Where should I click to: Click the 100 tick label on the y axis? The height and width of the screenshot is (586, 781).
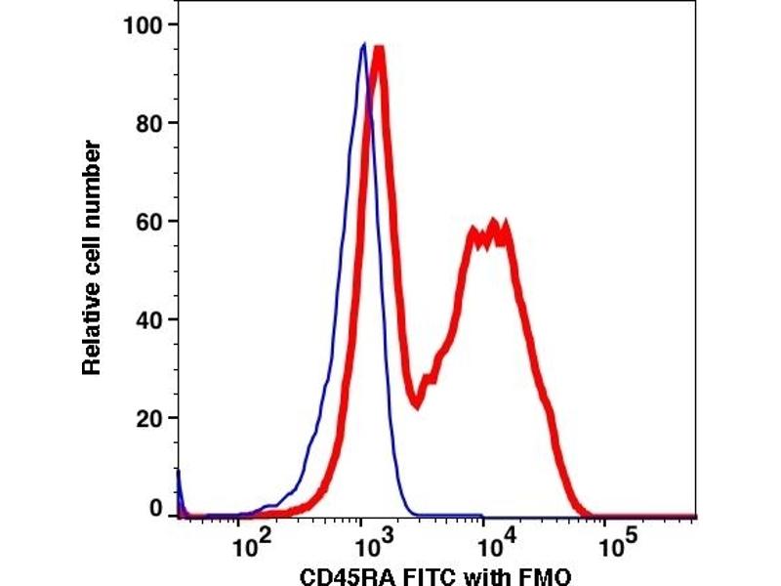144,23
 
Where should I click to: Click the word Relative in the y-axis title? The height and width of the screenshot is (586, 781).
93,326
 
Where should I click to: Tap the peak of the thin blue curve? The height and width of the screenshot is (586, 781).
363,44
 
